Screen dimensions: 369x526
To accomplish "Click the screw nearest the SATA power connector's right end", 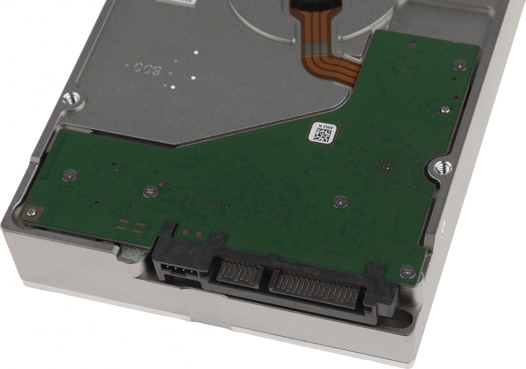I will point(406,270).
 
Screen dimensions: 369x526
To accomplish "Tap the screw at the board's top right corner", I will point(460,64).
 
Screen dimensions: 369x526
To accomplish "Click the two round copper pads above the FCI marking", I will point(191,233).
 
